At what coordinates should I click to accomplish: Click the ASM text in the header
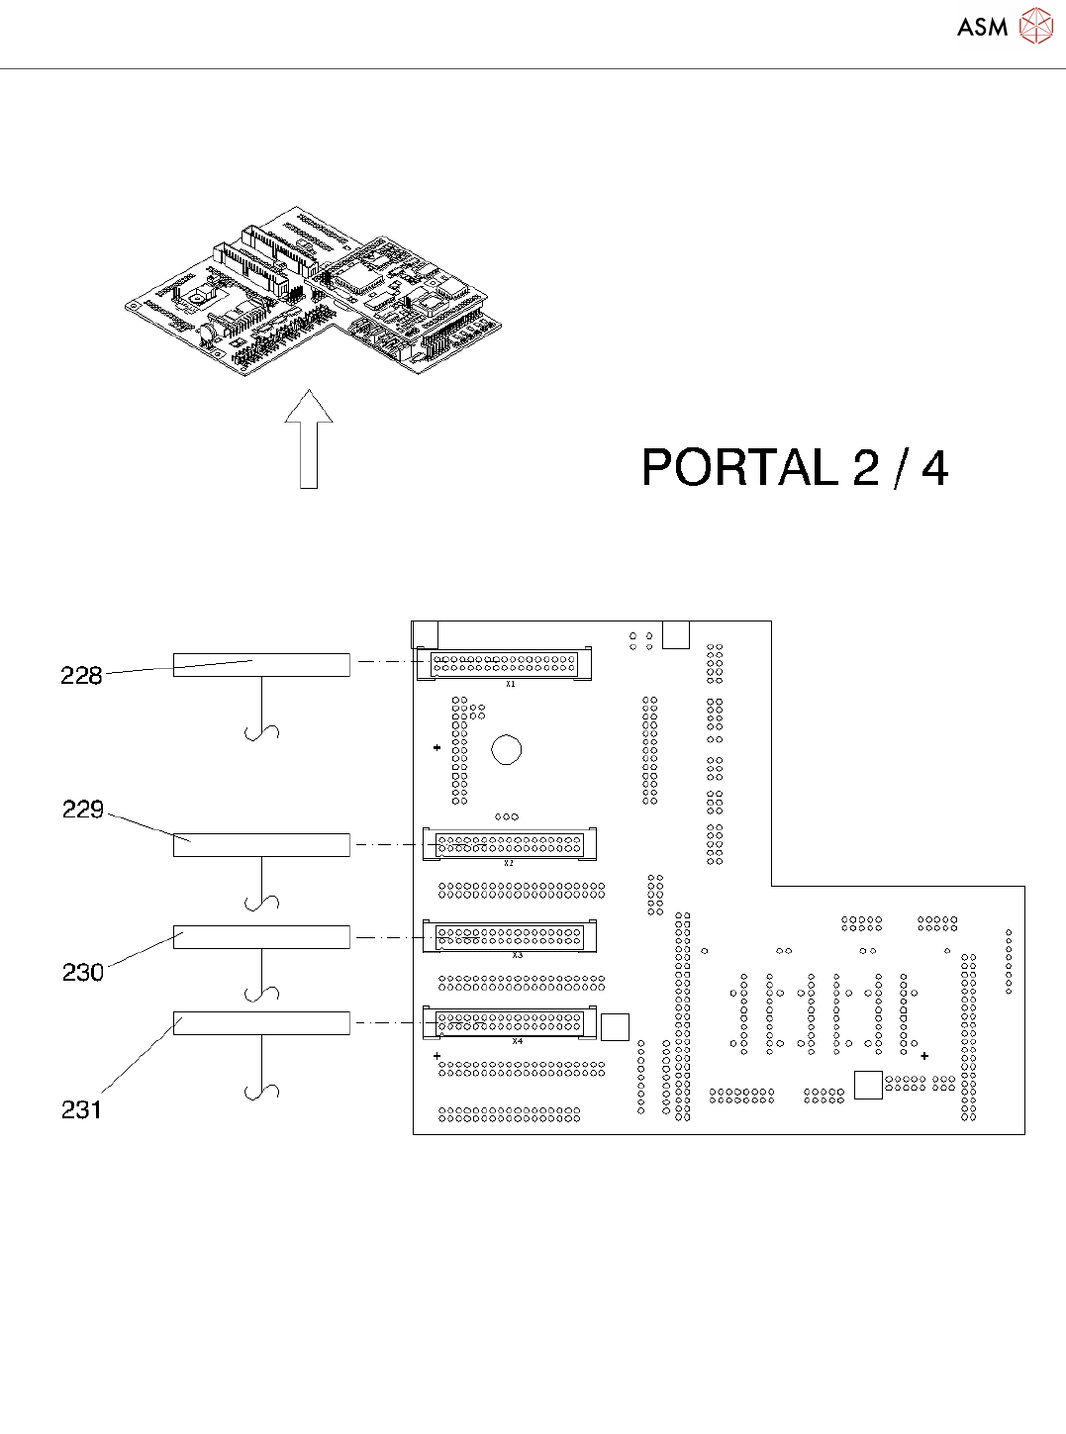(x=982, y=28)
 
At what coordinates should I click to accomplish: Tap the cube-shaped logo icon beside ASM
(x=1035, y=27)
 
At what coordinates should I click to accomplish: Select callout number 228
(x=81, y=676)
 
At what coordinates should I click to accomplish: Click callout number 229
(x=83, y=810)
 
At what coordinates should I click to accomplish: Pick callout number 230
(x=83, y=973)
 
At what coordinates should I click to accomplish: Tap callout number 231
(x=81, y=1110)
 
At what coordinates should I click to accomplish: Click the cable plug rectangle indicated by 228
(x=261, y=665)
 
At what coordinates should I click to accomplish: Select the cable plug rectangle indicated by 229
(x=261, y=845)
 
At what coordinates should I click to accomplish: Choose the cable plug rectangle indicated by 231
(x=261, y=1023)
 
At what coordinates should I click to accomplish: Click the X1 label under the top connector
(x=511, y=684)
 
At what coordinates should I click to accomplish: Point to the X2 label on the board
(x=509, y=863)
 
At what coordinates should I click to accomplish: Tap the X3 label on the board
(x=517, y=955)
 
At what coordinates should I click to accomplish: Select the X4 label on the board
(x=517, y=1041)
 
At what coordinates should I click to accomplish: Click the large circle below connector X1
(x=507, y=749)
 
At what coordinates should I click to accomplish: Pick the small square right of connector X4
(x=615, y=1027)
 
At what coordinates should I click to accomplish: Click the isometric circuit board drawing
(x=313, y=292)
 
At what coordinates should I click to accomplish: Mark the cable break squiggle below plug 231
(x=262, y=1091)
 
